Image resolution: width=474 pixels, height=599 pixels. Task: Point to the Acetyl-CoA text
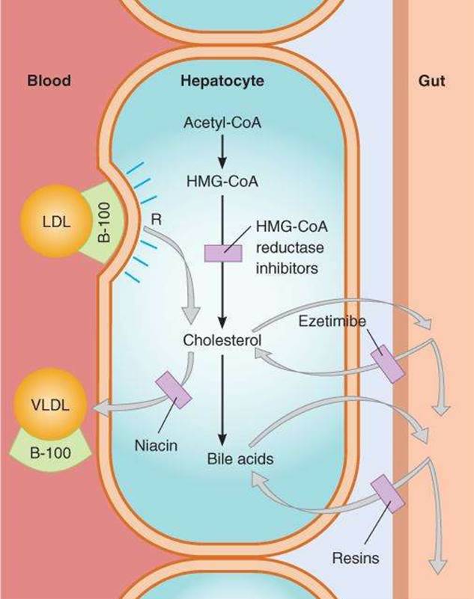click(x=222, y=123)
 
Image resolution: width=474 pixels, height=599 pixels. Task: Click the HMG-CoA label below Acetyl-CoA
click(x=222, y=180)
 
